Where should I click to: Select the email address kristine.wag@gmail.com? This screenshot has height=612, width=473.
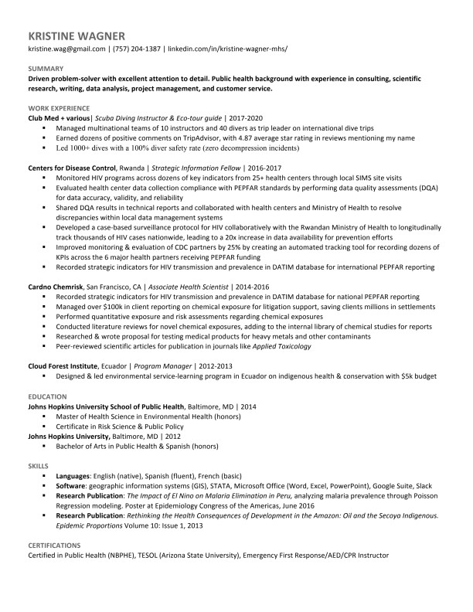[x=66, y=49]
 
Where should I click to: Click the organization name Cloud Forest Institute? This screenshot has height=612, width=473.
[x=63, y=365]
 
